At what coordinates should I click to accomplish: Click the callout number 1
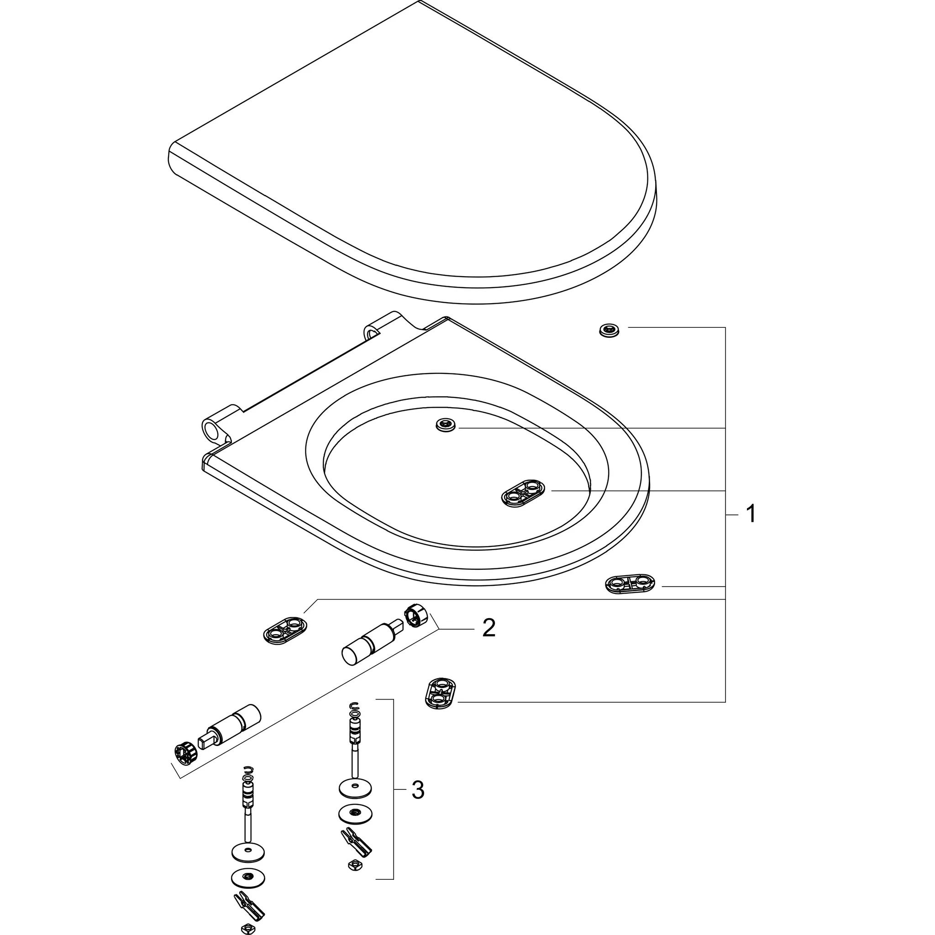(x=751, y=514)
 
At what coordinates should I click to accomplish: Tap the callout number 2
(x=489, y=628)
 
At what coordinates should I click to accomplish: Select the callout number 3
(x=418, y=790)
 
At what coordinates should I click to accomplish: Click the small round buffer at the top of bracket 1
(x=609, y=331)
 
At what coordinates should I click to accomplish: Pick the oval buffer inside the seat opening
(x=523, y=493)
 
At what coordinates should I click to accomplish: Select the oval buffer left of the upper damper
(x=285, y=630)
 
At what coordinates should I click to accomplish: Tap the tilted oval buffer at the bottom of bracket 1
(x=441, y=693)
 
